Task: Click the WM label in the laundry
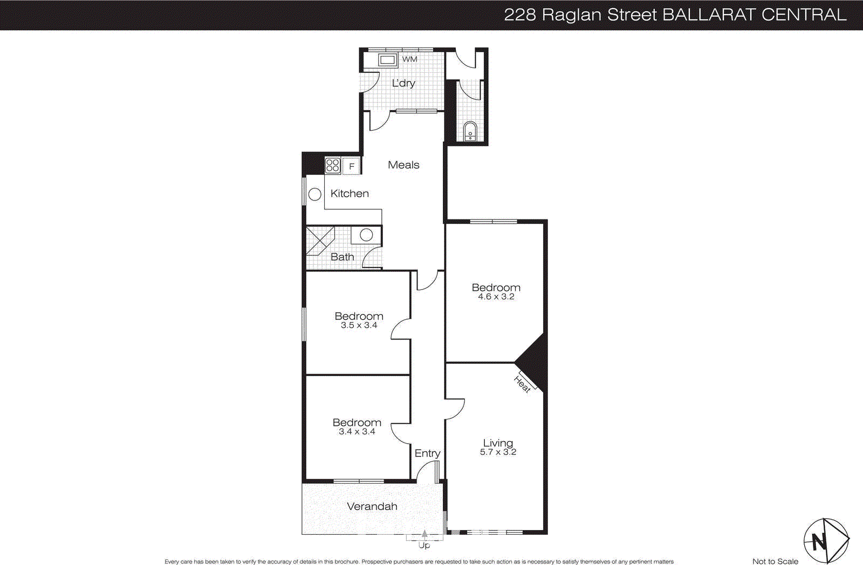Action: (x=409, y=59)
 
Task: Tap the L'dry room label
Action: (x=403, y=83)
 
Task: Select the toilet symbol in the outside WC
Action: (x=470, y=131)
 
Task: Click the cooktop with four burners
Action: (x=333, y=166)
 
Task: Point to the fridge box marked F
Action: (x=352, y=167)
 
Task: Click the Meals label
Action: (x=403, y=165)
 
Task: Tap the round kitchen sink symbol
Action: (x=315, y=194)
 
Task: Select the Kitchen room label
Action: (x=350, y=194)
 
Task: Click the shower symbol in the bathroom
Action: (x=320, y=240)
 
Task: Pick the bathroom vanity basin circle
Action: (x=366, y=235)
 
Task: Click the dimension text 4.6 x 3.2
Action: (x=496, y=297)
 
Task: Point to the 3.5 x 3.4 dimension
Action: (x=359, y=326)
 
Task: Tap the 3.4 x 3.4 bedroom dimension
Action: (x=357, y=432)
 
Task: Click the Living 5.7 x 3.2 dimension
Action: (x=498, y=452)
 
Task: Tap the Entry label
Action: (x=427, y=453)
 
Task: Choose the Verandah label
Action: (x=372, y=506)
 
